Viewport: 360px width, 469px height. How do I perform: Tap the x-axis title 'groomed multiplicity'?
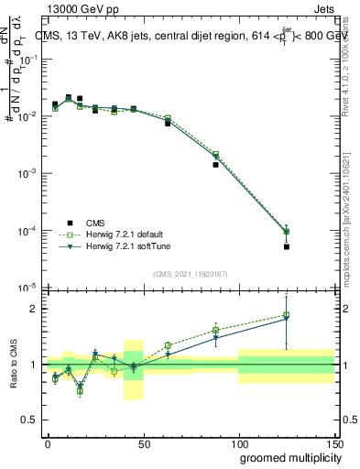tap(287, 457)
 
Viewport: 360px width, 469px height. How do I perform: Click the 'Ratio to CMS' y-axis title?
tap(14, 365)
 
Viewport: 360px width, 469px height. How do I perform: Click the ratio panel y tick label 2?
tap(31, 309)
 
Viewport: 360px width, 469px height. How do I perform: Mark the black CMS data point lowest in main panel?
tap(287, 246)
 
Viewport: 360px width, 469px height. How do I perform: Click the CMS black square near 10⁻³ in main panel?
tap(215, 165)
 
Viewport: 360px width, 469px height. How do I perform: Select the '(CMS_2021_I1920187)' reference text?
tap(190, 273)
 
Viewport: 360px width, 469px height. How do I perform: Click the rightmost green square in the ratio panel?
tap(287, 316)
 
